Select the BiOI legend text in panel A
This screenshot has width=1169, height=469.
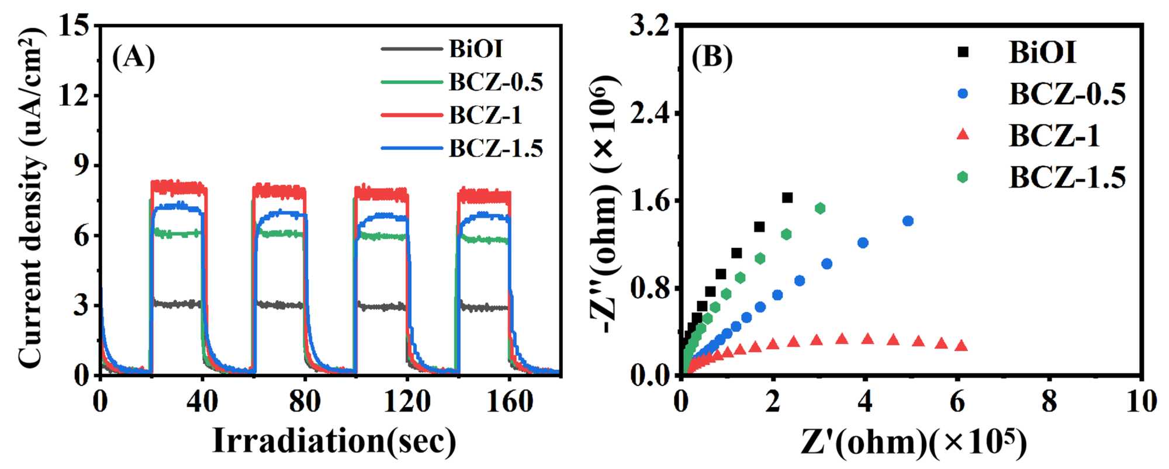[476, 49]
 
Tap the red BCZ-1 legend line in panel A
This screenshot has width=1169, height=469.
[411, 115]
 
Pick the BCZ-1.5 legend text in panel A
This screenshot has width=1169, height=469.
[496, 148]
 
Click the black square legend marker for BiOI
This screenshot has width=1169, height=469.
[962, 53]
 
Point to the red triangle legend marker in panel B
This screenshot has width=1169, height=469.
[962, 135]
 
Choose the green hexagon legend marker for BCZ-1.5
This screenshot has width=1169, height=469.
[962, 176]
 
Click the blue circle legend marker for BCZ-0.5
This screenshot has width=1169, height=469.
[962, 93]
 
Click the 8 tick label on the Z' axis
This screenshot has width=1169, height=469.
[1049, 402]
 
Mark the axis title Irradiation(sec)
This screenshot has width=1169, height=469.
[334, 441]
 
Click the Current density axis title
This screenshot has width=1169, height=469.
[32, 199]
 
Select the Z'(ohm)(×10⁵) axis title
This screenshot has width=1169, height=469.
[913, 442]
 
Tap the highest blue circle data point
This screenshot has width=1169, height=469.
[908, 221]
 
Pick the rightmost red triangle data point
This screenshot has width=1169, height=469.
[961, 345]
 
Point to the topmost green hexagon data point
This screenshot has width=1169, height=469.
[820, 208]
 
